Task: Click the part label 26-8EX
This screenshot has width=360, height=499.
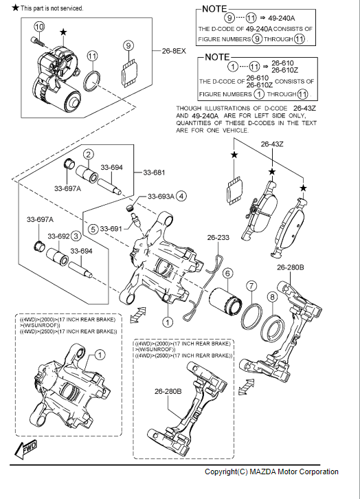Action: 174,51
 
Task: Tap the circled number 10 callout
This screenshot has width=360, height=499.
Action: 38,27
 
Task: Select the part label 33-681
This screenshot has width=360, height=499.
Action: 154,173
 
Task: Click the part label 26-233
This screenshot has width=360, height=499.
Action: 218,237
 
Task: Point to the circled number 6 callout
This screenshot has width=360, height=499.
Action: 227,273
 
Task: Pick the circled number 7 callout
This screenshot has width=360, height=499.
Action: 251,286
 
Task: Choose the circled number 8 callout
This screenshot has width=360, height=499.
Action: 272,297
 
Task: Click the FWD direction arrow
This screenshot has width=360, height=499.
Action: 26,450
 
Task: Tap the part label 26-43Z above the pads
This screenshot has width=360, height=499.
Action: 272,144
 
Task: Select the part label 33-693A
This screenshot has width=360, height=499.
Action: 161,197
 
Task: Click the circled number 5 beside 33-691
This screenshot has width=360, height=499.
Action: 93,229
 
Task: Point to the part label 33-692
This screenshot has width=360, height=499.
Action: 58,236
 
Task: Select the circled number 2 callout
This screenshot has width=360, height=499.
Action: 89,155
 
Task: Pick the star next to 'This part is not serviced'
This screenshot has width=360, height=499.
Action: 16,8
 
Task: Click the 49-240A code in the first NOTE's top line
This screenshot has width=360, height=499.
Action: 282,18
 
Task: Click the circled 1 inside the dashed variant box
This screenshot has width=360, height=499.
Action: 100,355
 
